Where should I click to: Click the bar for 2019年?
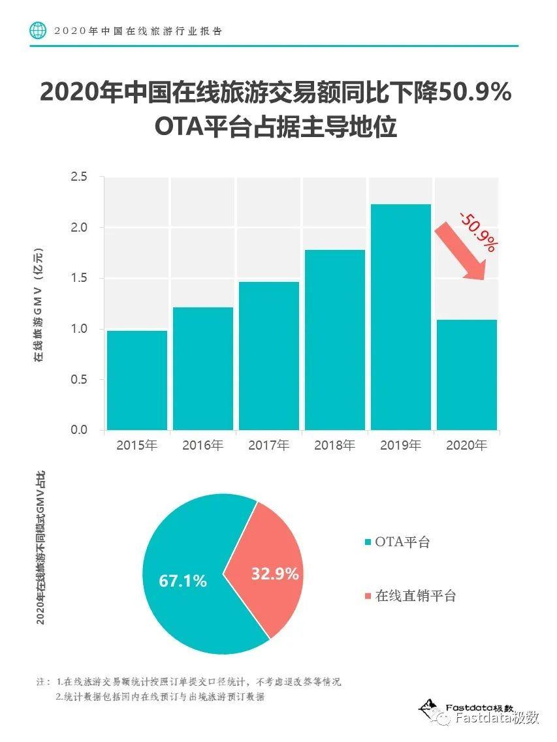coord(400,317)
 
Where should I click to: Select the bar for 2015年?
coord(137,380)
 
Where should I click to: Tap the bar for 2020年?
coord(466,375)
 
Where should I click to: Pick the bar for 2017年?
coord(268,356)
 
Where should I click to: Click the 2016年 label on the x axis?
coord(202,446)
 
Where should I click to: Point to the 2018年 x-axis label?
coord(334,446)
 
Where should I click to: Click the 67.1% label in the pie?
coord(183,580)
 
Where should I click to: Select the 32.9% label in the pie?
coord(275,574)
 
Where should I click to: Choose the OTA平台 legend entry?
coord(397,542)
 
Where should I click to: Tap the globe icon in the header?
coord(39,30)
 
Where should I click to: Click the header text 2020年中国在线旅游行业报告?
coord(138,31)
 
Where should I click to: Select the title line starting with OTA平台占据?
coord(276,127)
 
